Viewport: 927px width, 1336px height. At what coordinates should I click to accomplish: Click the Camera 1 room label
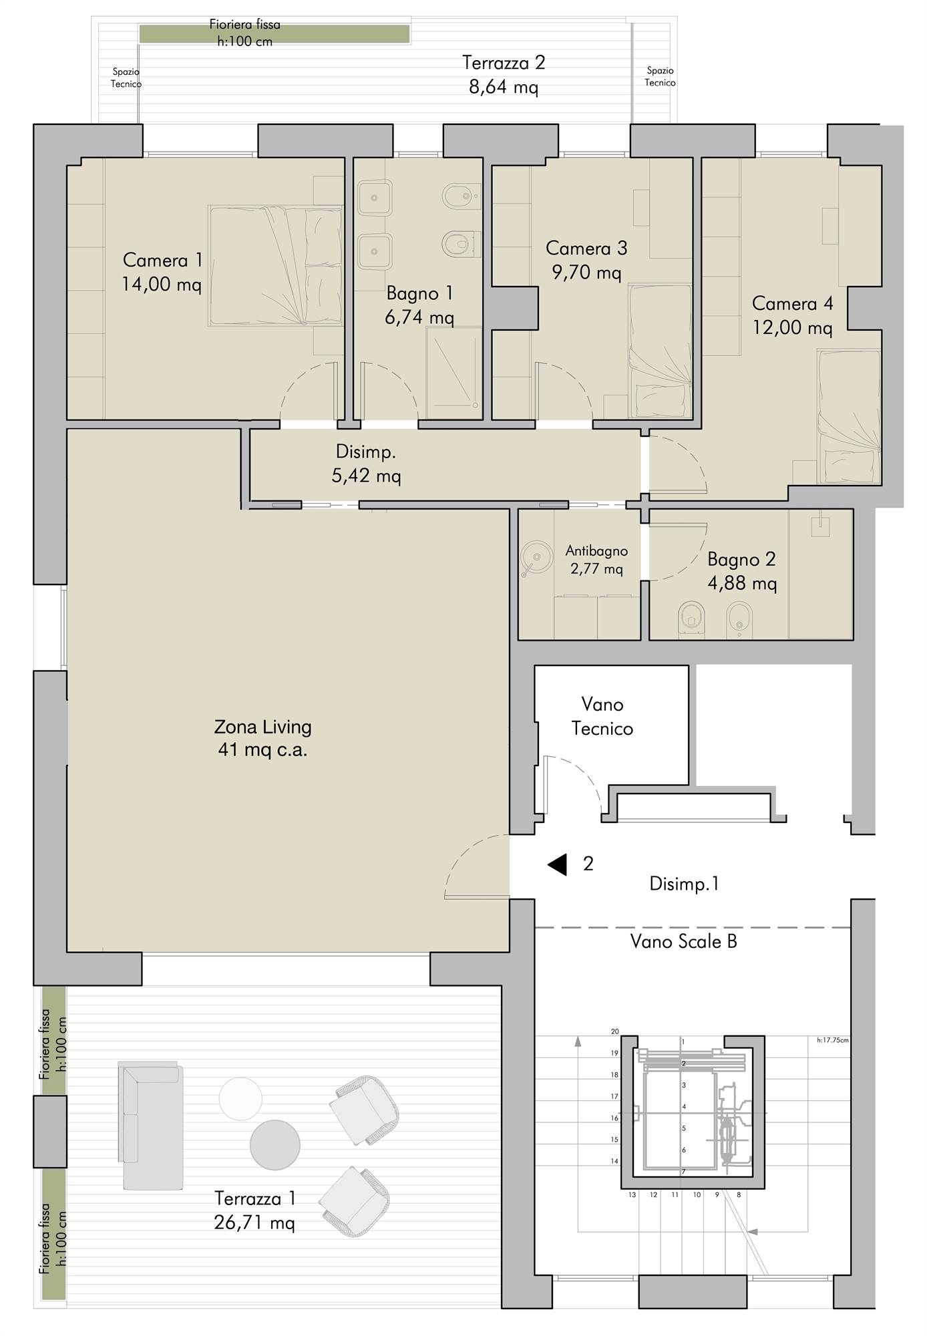[x=162, y=273]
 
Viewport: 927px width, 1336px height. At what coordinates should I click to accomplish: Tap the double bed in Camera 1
[x=275, y=266]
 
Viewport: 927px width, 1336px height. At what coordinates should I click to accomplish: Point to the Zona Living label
[x=262, y=737]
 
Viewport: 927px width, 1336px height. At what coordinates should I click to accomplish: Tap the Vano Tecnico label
[x=602, y=716]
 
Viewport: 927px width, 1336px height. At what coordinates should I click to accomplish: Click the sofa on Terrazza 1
[x=151, y=1126]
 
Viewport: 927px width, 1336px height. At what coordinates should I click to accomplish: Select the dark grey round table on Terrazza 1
[x=275, y=1145]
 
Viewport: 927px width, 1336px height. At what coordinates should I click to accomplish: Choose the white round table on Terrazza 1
[x=240, y=1099]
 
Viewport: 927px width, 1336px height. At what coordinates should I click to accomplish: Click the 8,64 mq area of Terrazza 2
[x=504, y=88]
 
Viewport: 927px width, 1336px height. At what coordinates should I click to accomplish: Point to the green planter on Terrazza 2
[x=274, y=34]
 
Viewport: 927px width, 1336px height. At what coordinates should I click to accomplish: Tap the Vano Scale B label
[x=684, y=942]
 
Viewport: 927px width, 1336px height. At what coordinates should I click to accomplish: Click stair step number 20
[x=615, y=1031]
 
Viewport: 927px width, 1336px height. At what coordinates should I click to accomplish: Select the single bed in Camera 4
[x=849, y=417]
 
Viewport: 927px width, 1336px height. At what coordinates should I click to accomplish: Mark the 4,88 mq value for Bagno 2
[x=742, y=584]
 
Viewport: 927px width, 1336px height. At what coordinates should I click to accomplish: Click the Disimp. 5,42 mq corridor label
[x=366, y=464]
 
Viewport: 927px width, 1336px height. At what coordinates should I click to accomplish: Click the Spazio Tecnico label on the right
[x=661, y=77]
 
